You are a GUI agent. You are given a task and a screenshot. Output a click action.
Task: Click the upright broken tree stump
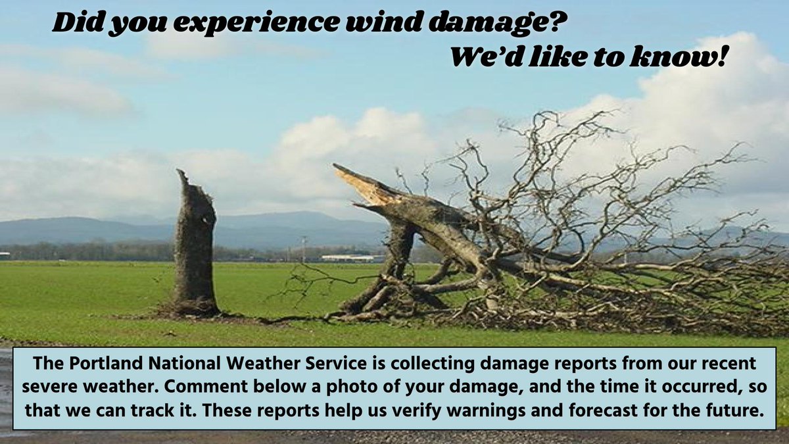(196, 250)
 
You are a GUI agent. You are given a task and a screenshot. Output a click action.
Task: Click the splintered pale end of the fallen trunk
(358, 182)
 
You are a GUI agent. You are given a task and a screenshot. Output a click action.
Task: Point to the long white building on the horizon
(347, 258)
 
